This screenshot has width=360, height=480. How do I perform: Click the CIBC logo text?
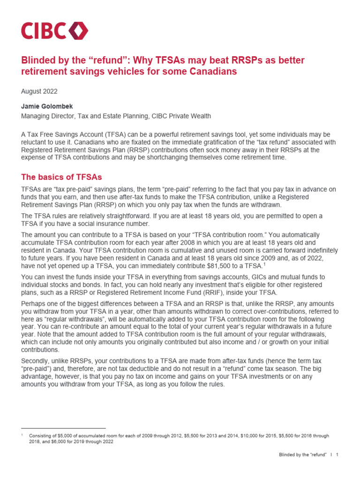[x=43, y=31]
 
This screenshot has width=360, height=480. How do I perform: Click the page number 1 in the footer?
[x=337, y=455]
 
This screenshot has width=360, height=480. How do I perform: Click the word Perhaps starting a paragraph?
[x=34, y=302]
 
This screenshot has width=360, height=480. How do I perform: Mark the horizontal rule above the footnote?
[x=64, y=428]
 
